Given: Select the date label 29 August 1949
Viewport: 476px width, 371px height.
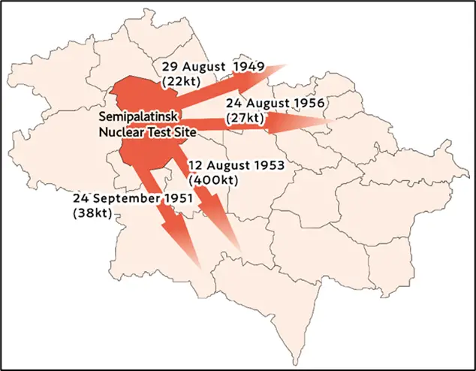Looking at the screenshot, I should [212, 66].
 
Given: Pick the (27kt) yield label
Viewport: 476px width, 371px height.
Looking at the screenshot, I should [246, 118].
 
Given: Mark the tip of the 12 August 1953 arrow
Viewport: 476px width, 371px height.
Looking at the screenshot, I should [240, 250].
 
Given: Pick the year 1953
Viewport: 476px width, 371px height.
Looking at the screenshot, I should [268, 166].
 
